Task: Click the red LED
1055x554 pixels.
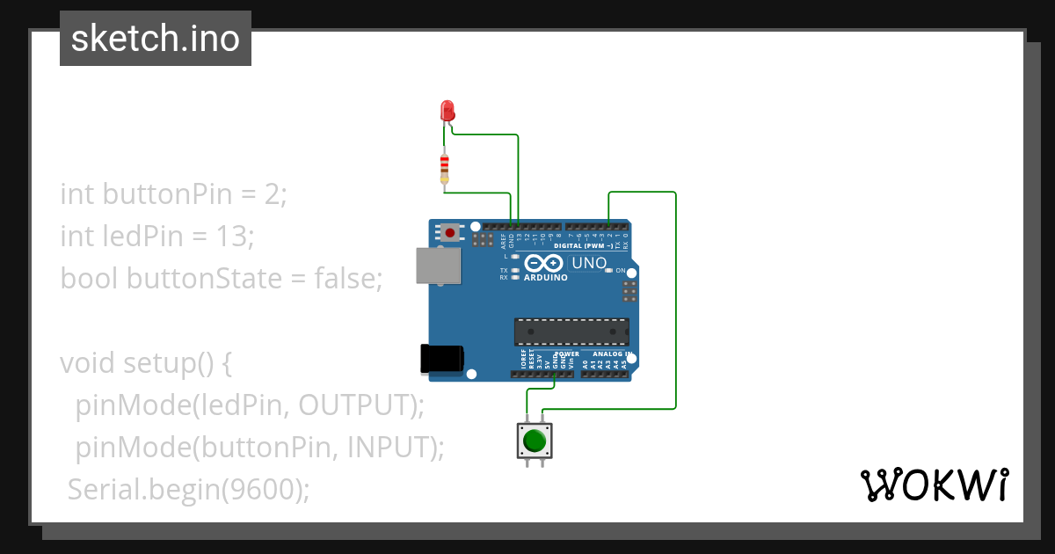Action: (447, 111)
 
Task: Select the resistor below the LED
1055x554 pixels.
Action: (445, 167)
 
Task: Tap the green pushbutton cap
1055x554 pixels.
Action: (535, 440)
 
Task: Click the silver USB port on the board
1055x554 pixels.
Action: (438, 265)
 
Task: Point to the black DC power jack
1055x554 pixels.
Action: (441, 358)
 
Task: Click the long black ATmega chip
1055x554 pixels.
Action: (571, 332)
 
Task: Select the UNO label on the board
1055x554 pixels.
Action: (589, 263)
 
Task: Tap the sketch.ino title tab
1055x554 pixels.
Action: (156, 39)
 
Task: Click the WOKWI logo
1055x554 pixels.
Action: (934, 485)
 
